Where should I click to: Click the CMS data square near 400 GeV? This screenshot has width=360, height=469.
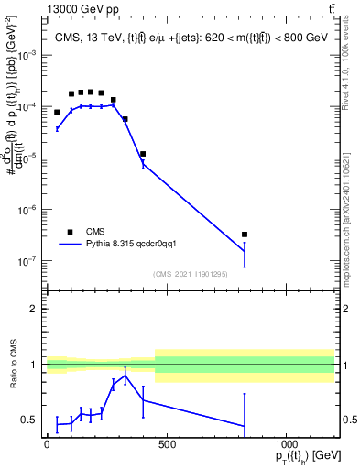point(143,154)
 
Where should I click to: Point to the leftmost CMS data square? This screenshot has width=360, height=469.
point(57,113)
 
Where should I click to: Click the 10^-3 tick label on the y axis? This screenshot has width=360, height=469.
point(27,55)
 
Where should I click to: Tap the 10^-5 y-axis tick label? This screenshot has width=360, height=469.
point(27,158)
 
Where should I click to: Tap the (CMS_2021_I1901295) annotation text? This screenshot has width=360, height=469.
point(191,274)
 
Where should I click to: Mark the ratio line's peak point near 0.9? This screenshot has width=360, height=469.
point(125,376)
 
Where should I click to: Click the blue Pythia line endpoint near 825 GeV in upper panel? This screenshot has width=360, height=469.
point(245,251)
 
